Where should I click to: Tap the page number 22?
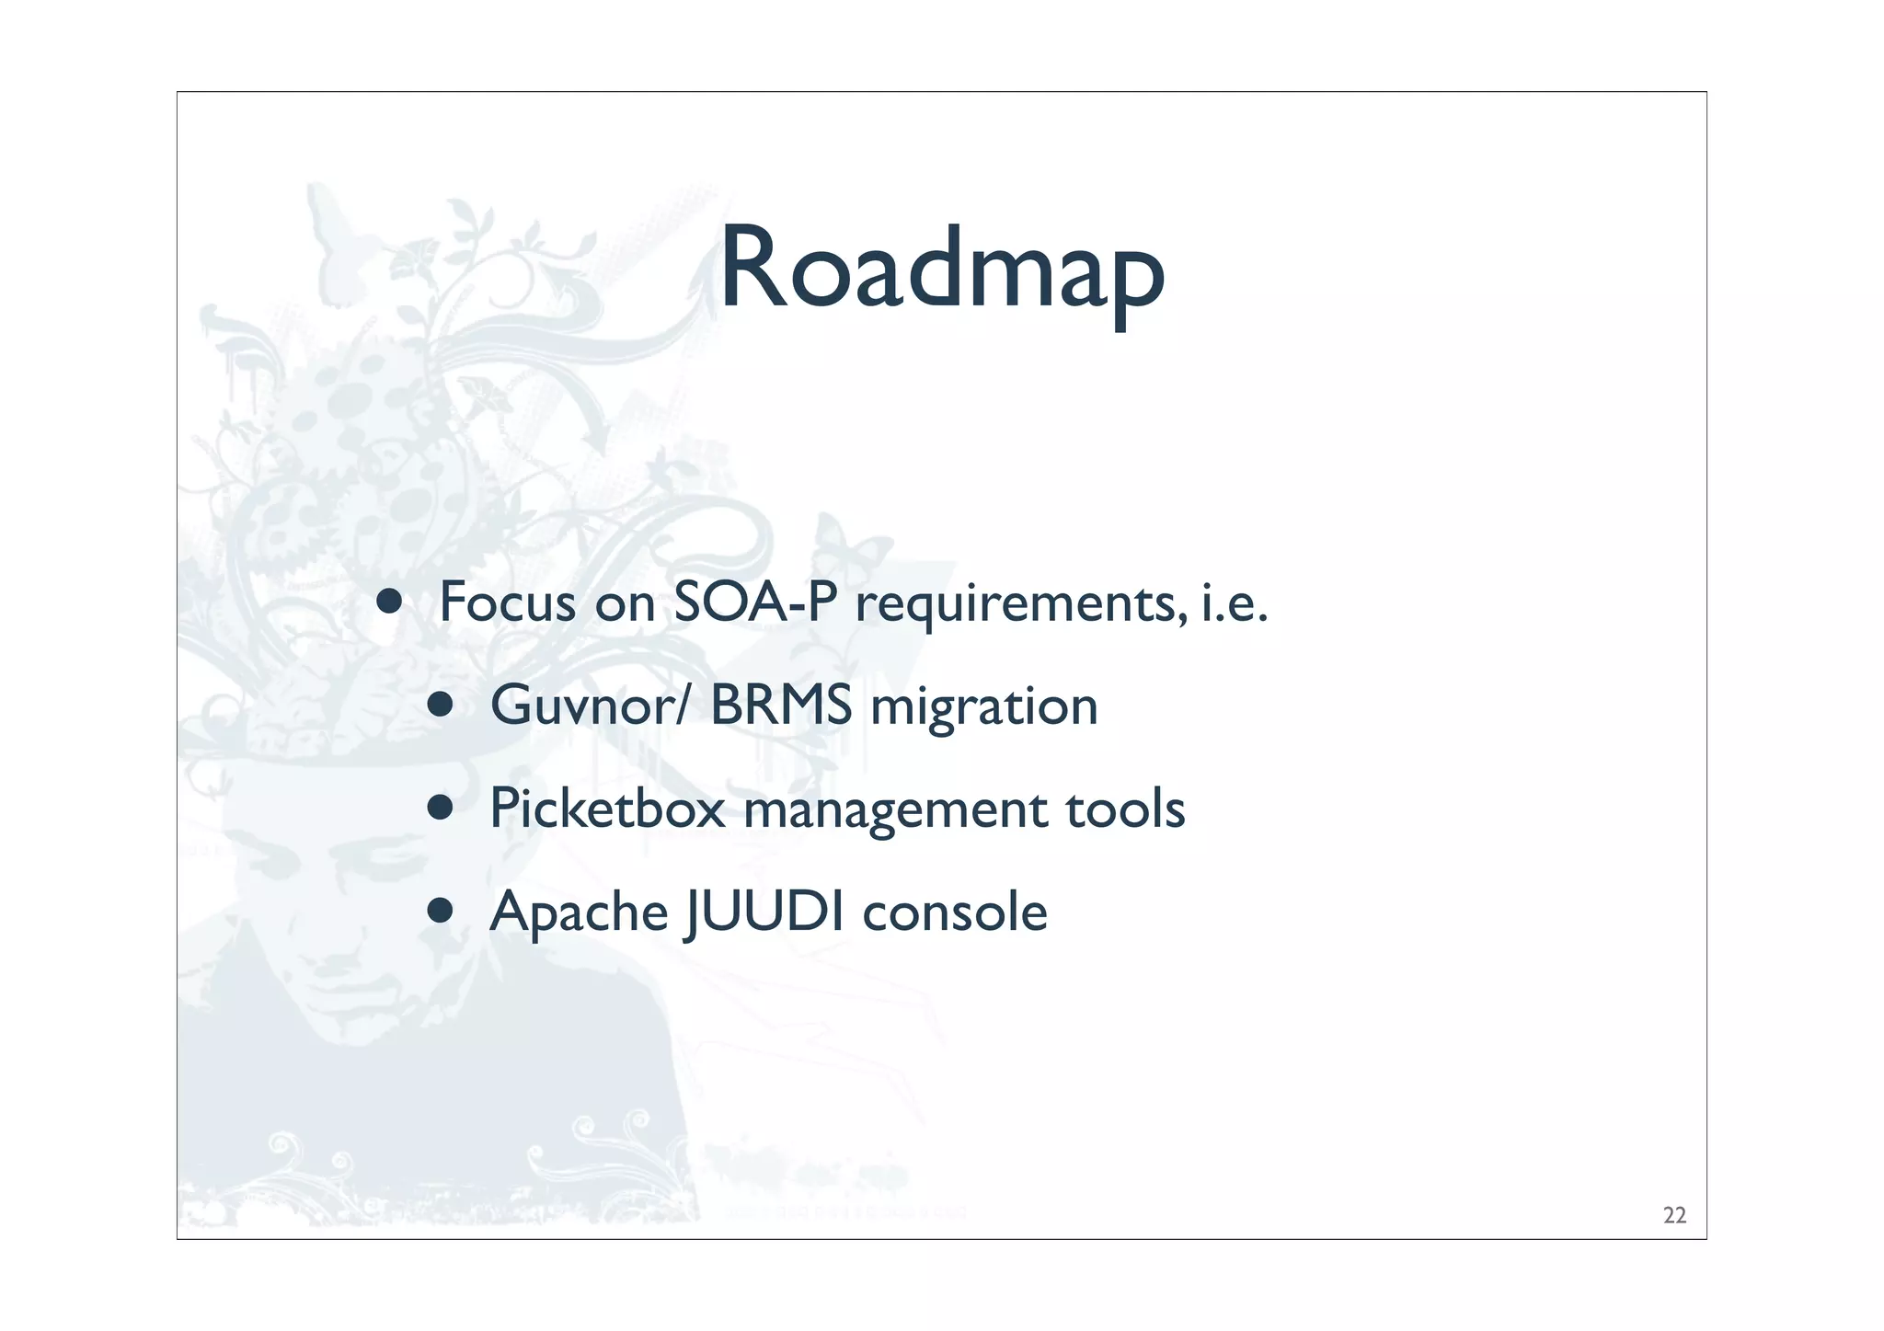(1674, 1215)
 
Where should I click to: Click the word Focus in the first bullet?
(507, 602)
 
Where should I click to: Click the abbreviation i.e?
(1235, 602)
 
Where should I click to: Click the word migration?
(983, 708)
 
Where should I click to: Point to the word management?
(895, 811)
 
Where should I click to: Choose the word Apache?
(579, 912)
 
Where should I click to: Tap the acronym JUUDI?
(764, 912)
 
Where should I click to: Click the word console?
(954, 912)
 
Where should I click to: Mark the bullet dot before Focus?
(389, 602)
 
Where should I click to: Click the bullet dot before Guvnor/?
(441, 705)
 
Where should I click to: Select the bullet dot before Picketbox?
(441, 808)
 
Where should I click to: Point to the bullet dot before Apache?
(441, 911)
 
